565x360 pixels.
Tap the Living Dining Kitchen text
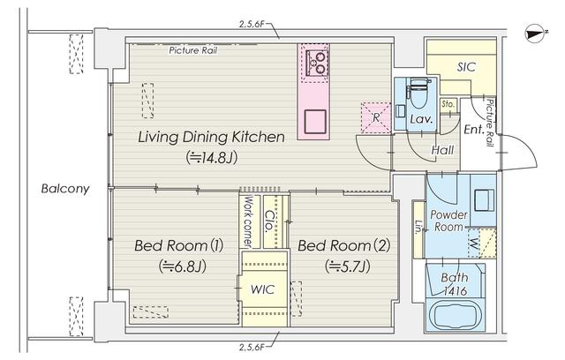[210, 138]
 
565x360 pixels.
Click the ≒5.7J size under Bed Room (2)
[347, 265]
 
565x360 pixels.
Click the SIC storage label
[467, 67]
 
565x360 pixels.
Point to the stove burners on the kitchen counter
[316, 62]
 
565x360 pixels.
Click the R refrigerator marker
[375, 116]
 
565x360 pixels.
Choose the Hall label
[442, 151]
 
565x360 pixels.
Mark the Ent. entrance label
[474, 131]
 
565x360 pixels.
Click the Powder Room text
[448, 221]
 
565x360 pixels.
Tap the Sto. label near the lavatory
[448, 104]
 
